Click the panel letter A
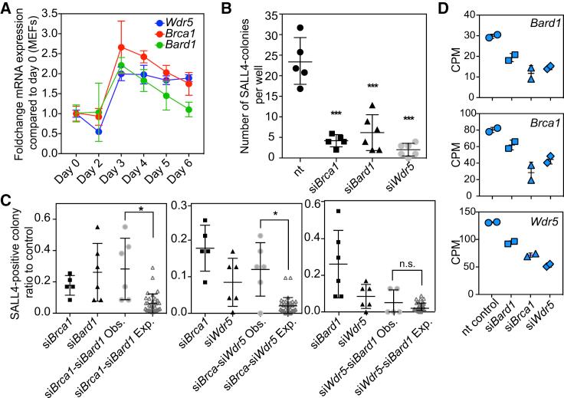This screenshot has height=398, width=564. click(x=7, y=8)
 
